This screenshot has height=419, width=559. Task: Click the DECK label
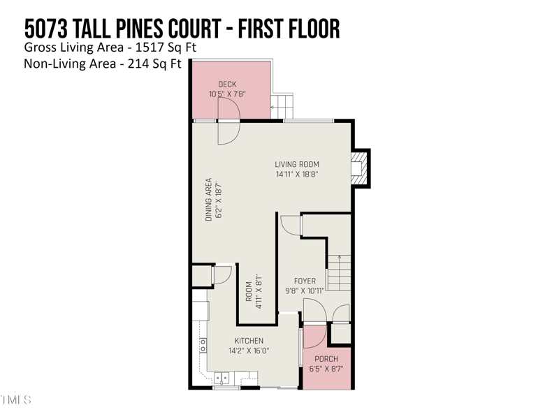pyautogui.click(x=227, y=84)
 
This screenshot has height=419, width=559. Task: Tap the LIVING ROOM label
pyautogui.click(x=296, y=165)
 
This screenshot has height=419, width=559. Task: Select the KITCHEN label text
pyautogui.click(x=249, y=341)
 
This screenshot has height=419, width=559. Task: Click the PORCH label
pyautogui.click(x=326, y=359)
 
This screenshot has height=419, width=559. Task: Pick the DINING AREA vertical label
pyautogui.click(x=208, y=200)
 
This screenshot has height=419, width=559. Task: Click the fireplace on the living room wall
pyautogui.click(x=358, y=168)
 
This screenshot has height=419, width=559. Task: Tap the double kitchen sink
pyautogui.click(x=222, y=378)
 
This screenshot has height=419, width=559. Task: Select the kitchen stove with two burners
pyautogui.click(x=203, y=344)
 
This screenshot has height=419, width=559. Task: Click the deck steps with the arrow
pyautogui.click(x=283, y=106)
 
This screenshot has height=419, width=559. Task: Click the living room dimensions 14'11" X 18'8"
pyautogui.click(x=297, y=175)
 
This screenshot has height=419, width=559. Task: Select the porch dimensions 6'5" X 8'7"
pyautogui.click(x=326, y=369)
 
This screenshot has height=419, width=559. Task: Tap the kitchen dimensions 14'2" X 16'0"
pyautogui.click(x=249, y=351)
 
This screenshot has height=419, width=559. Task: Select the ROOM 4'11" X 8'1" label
pyautogui.click(x=253, y=292)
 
